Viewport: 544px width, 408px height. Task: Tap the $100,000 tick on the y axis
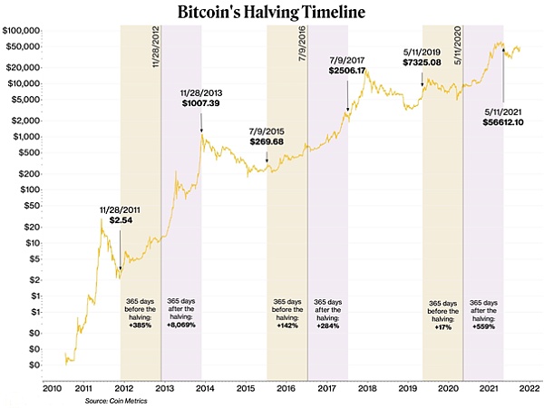(23, 32)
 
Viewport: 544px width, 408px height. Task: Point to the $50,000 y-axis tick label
(24, 67)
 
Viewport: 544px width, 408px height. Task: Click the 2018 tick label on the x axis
(367, 388)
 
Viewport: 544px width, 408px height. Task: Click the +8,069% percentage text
(181, 324)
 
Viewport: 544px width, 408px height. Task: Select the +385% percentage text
(141, 324)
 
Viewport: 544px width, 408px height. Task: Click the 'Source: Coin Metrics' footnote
(112, 401)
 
